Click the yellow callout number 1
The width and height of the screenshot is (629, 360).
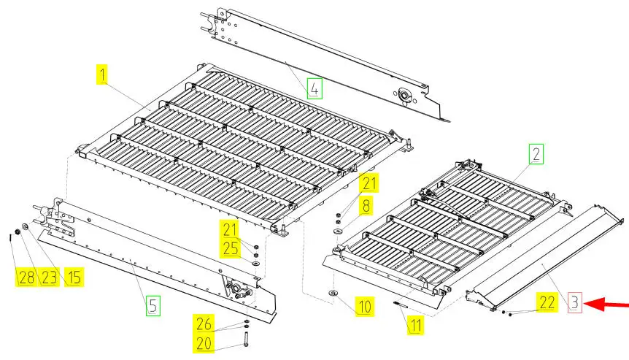103,74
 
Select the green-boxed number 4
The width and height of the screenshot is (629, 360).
314,88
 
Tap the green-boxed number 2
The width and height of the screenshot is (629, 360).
536,154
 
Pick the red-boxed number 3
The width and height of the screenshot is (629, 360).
574,302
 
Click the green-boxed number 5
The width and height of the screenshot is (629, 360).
153,305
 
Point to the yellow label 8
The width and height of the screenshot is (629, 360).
366,205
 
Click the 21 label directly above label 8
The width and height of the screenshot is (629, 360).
368,183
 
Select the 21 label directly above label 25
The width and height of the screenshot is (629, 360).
231,229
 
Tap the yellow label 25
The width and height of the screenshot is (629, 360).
231,249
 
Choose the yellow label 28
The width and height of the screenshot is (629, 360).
26,277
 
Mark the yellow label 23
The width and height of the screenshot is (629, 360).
49,277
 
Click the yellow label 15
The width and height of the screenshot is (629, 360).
73,277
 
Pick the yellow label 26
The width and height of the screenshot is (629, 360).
204,323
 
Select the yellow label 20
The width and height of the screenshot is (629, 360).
204,343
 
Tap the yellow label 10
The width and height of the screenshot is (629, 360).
365,307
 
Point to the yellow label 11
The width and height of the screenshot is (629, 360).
415,325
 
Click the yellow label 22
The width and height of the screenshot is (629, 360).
547,302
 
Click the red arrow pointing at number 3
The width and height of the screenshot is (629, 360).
606,305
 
